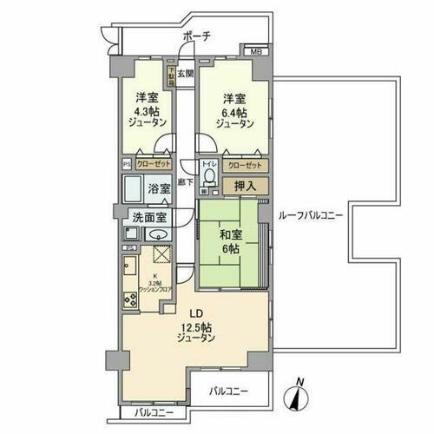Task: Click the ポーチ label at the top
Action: pos(199,36)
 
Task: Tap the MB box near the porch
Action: pos(255,51)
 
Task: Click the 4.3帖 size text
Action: pos(146,111)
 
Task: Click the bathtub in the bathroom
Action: pos(134,188)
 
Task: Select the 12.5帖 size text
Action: pos(196,327)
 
